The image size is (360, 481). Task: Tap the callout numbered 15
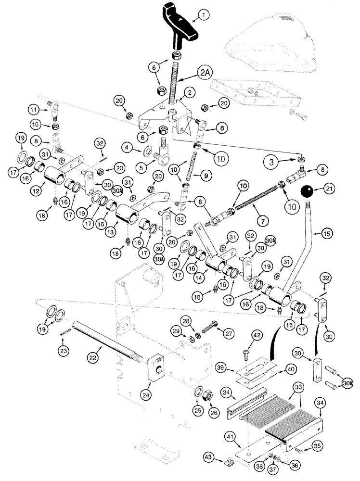tap(315, 234)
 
